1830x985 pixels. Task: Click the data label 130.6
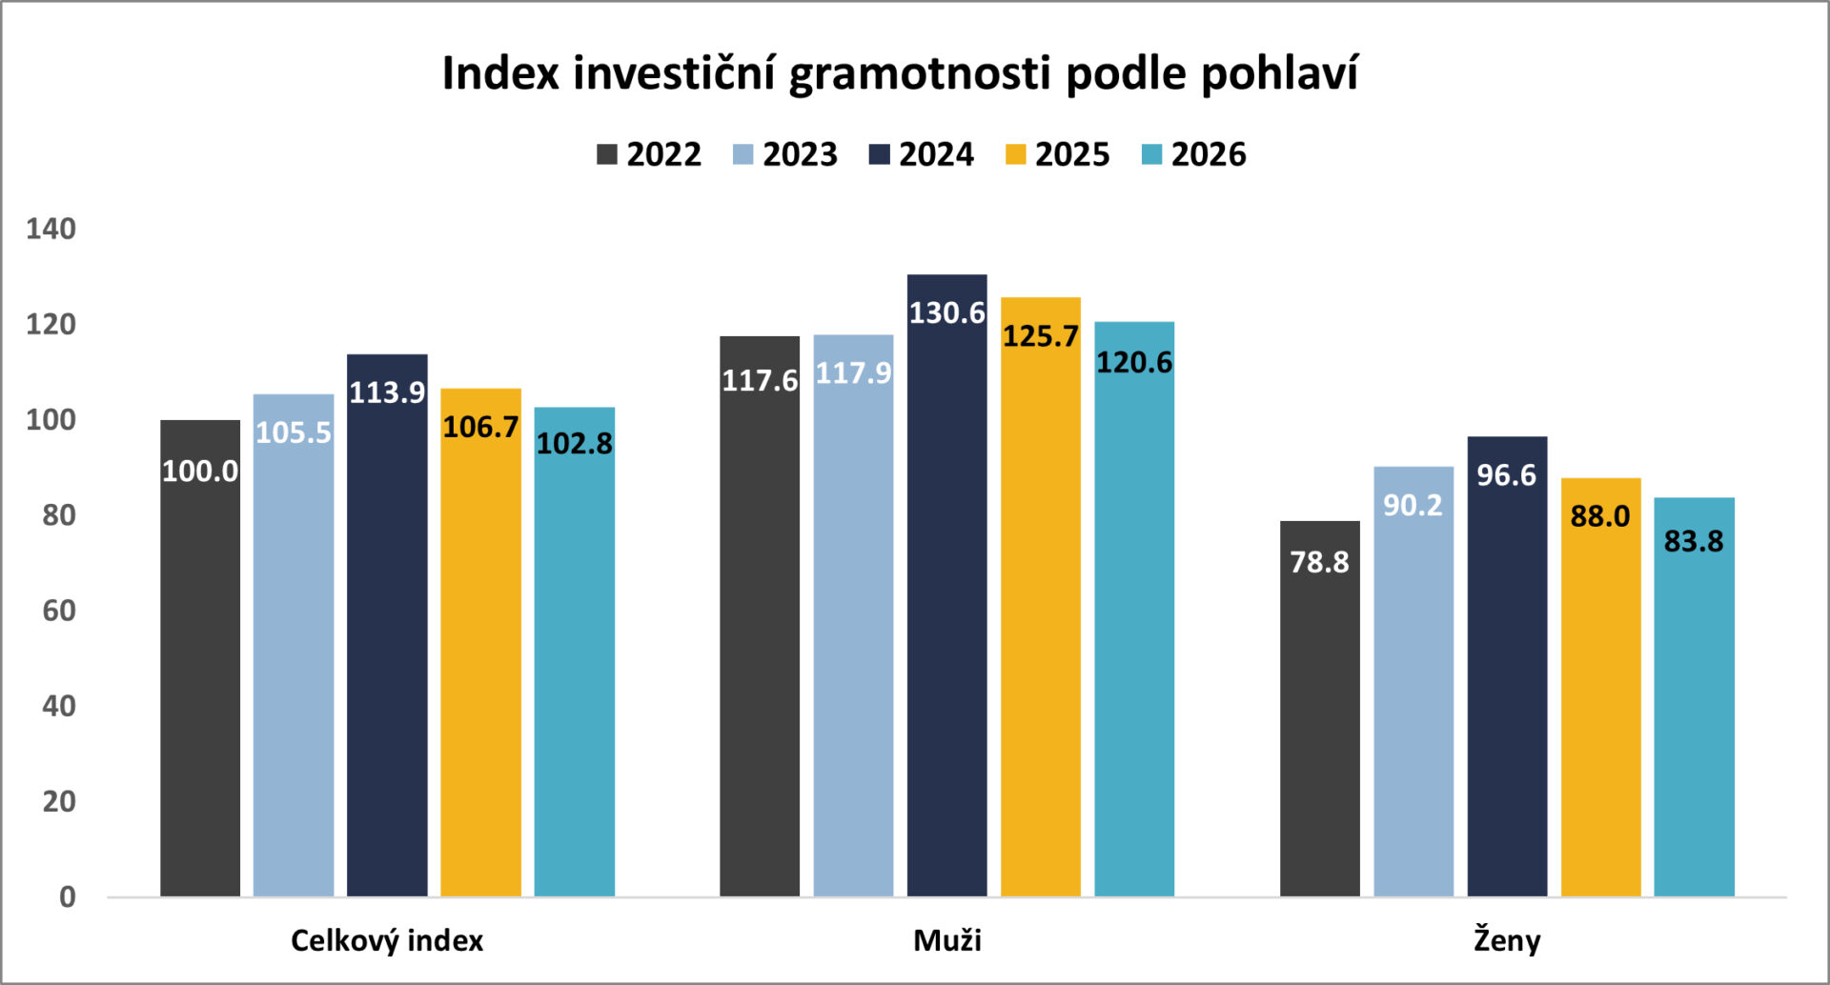pos(946,313)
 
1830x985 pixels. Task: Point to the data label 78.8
pos(1319,562)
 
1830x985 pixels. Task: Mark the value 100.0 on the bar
pos(200,471)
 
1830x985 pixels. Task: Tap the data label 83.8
pos(1694,541)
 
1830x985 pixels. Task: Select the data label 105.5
pos(294,432)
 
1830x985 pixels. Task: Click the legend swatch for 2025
pos(1015,154)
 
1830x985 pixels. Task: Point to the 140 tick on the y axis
pos(51,229)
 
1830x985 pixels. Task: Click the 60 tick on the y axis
pos(58,611)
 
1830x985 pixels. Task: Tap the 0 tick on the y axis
pos(67,896)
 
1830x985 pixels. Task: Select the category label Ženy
pos(1507,940)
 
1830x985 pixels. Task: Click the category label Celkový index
pos(387,940)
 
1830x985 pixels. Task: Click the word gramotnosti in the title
pos(920,74)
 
